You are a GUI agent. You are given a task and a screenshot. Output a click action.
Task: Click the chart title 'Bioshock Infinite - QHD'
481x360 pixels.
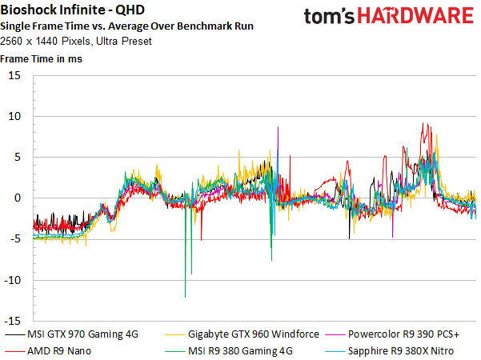click(x=72, y=10)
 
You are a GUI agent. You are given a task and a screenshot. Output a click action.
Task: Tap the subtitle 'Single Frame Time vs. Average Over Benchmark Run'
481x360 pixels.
click(x=126, y=26)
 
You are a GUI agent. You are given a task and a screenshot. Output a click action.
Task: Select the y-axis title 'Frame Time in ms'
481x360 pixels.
click(x=41, y=58)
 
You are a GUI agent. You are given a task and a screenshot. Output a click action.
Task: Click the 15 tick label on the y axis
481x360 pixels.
click(x=14, y=75)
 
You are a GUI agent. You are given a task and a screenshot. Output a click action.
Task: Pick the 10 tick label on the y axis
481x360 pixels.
click(x=14, y=116)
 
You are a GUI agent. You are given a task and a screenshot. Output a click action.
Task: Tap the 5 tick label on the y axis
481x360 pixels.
click(x=18, y=157)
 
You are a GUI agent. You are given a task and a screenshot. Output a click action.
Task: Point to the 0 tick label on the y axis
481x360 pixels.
click(x=18, y=198)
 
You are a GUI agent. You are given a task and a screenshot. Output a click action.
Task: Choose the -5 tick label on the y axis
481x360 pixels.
click(x=15, y=239)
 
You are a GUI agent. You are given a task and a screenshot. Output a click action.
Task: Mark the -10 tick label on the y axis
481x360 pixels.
click(x=12, y=280)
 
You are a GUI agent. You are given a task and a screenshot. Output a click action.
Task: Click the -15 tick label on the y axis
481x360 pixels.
click(x=12, y=321)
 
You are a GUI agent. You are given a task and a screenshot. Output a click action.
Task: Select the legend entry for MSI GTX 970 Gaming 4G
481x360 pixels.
click(x=72, y=334)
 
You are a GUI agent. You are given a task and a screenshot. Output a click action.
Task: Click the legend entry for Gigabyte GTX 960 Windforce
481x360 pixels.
click(x=242, y=334)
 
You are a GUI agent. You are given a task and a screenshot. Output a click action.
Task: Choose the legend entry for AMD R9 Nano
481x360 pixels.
click(x=48, y=351)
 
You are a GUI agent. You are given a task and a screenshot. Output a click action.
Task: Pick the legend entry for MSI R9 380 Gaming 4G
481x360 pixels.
click(x=229, y=351)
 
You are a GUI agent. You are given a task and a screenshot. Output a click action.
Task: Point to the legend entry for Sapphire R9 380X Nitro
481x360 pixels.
click(x=390, y=351)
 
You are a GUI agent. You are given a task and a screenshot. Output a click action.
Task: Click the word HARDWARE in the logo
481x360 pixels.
click(x=415, y=16)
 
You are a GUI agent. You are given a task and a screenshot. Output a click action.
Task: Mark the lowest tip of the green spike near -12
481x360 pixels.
click(x=186, y=297)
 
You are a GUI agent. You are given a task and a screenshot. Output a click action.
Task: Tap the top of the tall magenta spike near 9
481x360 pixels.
click(x=279, y=127)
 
